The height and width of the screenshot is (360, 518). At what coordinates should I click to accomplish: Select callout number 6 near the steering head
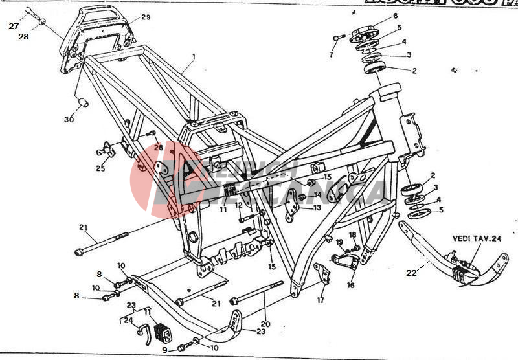pyautogui.click(x=395, y=16)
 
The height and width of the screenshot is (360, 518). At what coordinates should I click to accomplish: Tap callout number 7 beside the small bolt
pyautogui.click(x=331, y=54)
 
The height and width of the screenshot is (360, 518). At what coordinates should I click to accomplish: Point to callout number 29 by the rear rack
pyautogui.click(x=145, y=17)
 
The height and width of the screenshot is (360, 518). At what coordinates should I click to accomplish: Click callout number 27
pyautogui.click(x=14, y=27)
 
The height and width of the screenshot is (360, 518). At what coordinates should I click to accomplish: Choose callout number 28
pyautogui.click(x=23, y=37)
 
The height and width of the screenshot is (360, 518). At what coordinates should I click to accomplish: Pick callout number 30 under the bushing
pyautogui.click(x=69, y=119)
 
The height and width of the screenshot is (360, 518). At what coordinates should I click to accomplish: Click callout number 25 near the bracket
pyautogui.click(x=100, y=168)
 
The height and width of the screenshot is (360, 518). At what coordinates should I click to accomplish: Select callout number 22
pyautogui.click(x=411, y=273)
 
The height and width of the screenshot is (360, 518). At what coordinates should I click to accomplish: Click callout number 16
pyautogui.click(x=350, y=284)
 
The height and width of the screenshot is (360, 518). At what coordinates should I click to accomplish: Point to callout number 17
pyautogui.click(x=321, y=300)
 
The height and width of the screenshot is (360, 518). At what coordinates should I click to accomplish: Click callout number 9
pyautogui.click(x=165, y=350)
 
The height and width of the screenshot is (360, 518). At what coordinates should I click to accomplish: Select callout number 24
pyautogui.click(x=128, y=319)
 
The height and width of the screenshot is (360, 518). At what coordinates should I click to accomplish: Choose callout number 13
pyautogui.click(x=317, y=208)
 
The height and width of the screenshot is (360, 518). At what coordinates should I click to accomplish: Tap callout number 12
pyautogui.click(x=238, y=205)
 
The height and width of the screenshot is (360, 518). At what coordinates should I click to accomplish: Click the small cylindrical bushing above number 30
pyautogui.click(x=84, y=102)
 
